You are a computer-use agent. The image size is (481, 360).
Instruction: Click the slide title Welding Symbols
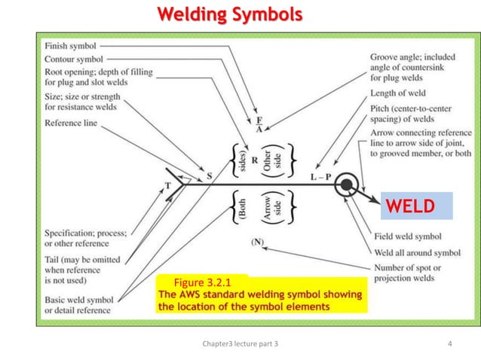click(x=229, y=14)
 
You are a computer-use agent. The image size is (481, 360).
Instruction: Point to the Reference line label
click(x=71, y=123)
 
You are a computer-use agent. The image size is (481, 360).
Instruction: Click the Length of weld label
click(x=398, y=93)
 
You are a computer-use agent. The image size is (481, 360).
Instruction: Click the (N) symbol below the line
click(x=258, y=243)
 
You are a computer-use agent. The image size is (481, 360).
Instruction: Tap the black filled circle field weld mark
click(x=347, y=184)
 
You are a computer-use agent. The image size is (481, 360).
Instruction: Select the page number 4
click(x=450, y=345)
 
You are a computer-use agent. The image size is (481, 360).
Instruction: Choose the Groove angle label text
click(x=413, y=56)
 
